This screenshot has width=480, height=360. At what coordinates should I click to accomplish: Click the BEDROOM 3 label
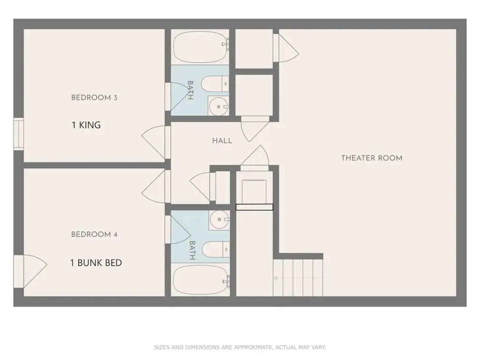click(94, 97)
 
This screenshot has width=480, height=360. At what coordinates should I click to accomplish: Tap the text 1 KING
click(86, 125)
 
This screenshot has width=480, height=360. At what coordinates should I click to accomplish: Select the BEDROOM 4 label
click(94, 234)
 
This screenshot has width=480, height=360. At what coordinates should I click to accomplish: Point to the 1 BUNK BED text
click(96, 262)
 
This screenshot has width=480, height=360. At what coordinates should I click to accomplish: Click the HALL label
click(222, 141)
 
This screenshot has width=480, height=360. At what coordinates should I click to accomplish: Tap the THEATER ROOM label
click(372, 158)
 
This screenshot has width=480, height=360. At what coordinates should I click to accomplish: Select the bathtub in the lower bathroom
click(200, 280)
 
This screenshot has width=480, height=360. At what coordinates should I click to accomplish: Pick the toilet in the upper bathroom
click(215, 84)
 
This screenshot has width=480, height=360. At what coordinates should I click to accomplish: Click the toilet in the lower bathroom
click(216, 249)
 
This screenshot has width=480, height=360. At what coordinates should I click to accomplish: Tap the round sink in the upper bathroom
click(219, 106)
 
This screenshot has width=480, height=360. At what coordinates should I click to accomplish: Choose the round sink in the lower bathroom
click(219, 219)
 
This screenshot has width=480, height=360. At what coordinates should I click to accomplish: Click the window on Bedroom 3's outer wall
click(19, 134)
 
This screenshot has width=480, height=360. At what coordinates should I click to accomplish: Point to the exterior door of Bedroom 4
click(30, 271)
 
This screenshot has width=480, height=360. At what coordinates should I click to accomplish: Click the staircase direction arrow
click(298, 278)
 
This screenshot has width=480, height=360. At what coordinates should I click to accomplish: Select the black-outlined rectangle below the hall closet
click(254, 207)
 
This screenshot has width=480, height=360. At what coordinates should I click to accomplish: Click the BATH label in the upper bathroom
click(190, 90)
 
